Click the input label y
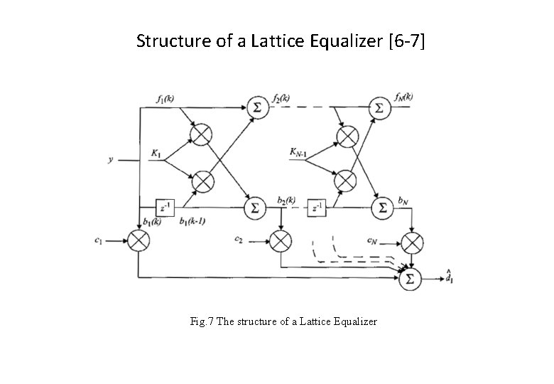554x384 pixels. pos(110,160)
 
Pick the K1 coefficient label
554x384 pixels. pos(156,152)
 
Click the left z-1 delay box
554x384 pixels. pos(164,208)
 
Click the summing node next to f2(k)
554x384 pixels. pos(255,107)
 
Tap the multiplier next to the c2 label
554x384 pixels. pos(281,240)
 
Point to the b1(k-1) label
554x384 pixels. pos(192,222)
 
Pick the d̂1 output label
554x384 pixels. pos(449,276)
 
